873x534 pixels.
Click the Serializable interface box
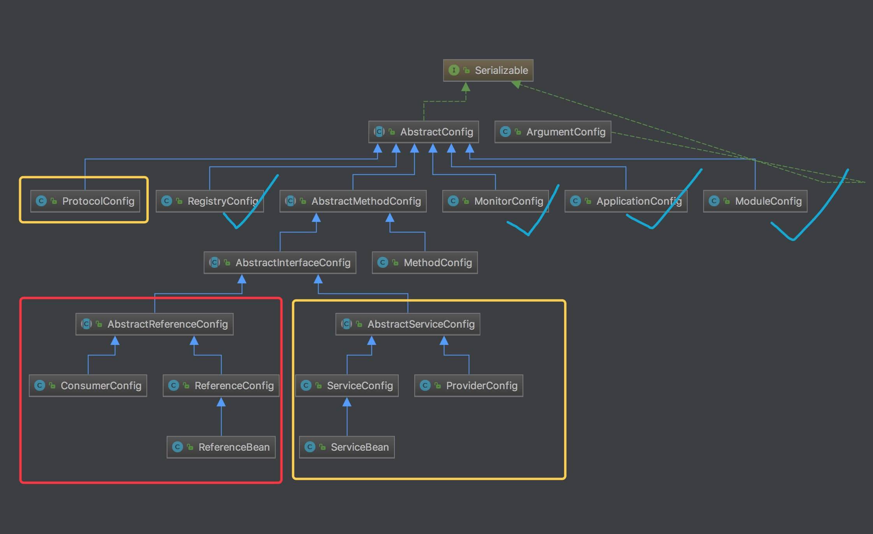tap(488, 70)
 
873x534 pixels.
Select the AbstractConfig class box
tap(423, 132)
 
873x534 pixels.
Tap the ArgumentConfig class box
tap(553, 132)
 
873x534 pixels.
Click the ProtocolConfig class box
tap(85, 201)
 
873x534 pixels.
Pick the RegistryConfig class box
tap(209, 201)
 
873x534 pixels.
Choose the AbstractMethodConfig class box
tap(353, 201)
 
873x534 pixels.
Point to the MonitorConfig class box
tap(495, 201)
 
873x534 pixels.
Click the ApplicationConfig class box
tap(626, 201)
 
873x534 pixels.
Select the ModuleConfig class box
tap(755, 201)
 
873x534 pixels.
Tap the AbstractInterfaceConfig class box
tap(280, 263)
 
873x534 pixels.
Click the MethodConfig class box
tap(424, 263)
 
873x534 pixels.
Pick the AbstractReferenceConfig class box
tap(154, 324)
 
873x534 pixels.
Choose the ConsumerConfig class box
tap(88, 386)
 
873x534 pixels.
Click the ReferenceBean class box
tap(221, 447)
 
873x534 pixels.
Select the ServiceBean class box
tap(347, 447)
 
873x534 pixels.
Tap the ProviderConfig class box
tap(468, 386)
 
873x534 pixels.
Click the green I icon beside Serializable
tap(454, 70)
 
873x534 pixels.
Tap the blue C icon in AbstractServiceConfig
tap(346, 324)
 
